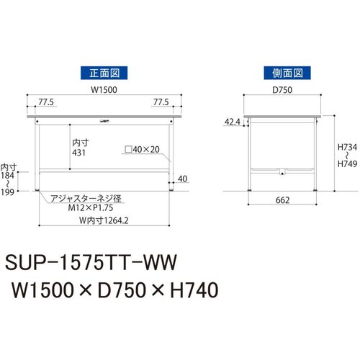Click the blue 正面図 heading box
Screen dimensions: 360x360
coord(104,73)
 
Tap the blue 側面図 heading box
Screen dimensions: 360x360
coord(287,73)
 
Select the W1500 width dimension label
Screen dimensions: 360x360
coord(104,90)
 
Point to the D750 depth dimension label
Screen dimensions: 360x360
coord(282,90)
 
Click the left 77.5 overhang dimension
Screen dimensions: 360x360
coord(46,102)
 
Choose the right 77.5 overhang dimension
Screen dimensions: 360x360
coord(161,102)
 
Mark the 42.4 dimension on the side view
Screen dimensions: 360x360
coord(233,122)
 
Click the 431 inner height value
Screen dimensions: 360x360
coord(78,153)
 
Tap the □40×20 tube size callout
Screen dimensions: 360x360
coord(143,149)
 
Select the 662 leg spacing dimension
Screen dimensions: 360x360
coord(282,200)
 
